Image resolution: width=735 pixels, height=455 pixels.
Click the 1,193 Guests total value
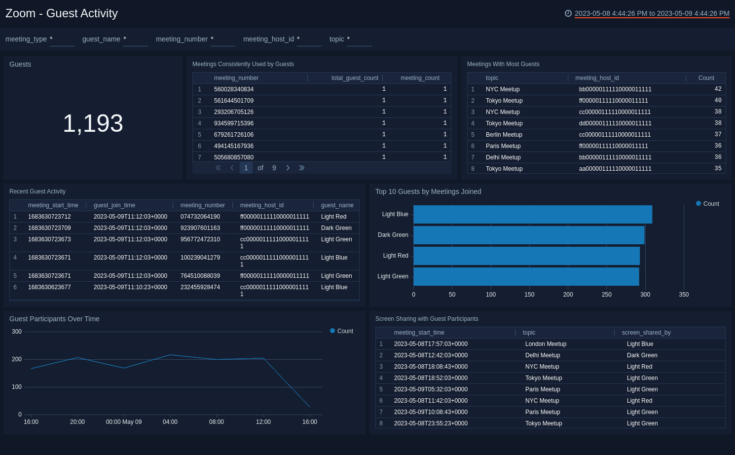tap(93, 123)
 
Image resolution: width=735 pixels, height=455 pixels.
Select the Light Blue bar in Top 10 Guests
tap(532, 214)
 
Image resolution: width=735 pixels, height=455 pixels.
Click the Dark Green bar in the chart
tap(528, 235)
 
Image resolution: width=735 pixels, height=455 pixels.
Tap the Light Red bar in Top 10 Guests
tap(526, 256)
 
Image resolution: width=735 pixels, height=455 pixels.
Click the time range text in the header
tap(652, 13)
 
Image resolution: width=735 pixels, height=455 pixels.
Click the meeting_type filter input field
tap(62, 39)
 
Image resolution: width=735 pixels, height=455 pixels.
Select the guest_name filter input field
tap(136, 39)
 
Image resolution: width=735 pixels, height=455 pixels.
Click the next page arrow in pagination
tap(288, 168)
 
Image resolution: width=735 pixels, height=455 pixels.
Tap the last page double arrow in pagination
tap(302, 168)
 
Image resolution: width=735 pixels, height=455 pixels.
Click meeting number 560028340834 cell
tap(234, 89)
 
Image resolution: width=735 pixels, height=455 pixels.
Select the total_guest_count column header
tap(355, 78)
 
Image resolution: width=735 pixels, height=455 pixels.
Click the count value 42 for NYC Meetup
tap(718, 89)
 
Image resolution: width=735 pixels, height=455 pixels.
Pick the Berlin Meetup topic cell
tap(504, 135)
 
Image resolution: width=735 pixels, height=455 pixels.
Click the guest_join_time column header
tap(114, 205)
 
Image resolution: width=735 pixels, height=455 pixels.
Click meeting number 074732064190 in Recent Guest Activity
tap(200, 217)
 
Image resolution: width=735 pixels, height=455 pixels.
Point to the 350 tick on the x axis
tap(684, 295)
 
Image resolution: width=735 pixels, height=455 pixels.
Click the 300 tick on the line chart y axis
tap(17, 332)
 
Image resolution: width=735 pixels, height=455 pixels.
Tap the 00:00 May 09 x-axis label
tap(124, 422)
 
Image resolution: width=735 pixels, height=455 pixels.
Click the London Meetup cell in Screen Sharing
tap(546, 344)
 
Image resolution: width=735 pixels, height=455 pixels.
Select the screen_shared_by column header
tap(646, 333)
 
